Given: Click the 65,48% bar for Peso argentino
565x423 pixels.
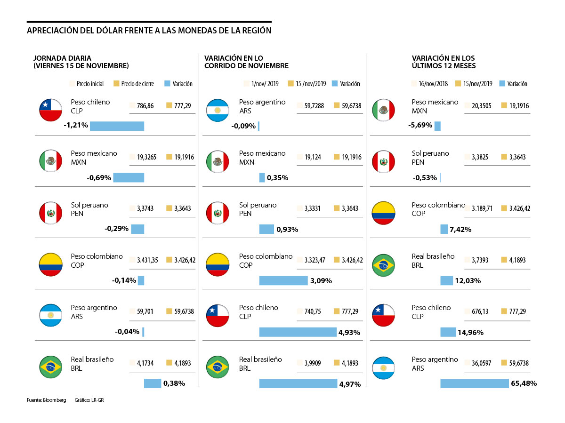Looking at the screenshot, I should coord(475,383).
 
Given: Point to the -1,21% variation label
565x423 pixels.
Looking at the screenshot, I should coord(75,126).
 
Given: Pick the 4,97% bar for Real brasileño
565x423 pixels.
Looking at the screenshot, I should coord(298,383).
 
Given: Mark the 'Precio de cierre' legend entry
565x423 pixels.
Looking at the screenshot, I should coord(135,84).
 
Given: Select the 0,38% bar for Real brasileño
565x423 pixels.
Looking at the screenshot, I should coord(153,383).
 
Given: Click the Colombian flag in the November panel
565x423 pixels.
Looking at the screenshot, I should coord(218,265).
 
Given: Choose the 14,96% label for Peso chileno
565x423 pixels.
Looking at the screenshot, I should coord(470,332).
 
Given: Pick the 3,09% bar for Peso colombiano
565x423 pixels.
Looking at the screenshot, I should coord(283,280).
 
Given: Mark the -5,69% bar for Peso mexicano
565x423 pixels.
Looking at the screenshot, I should coord(437,126).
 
